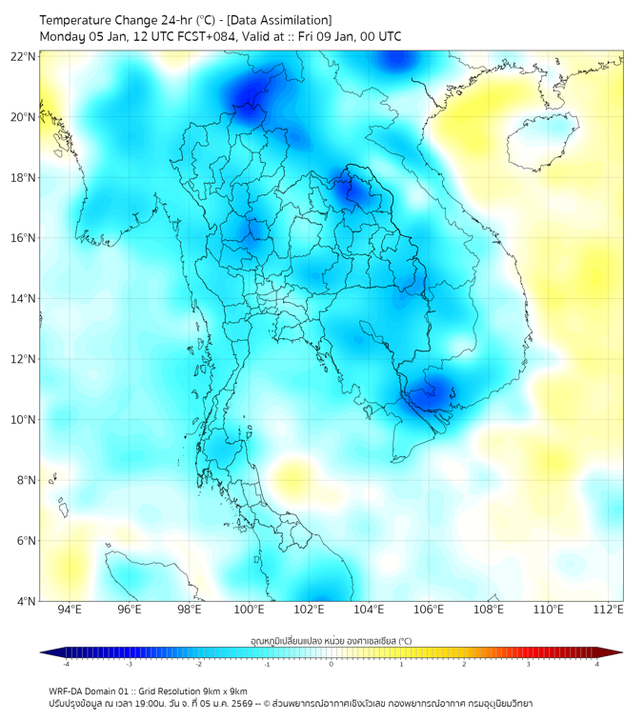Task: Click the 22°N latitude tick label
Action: tap(24, 56)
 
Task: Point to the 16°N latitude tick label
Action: tap(24, 238)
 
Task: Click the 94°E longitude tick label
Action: tap(70, 610)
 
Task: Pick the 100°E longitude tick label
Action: tap(250, 610)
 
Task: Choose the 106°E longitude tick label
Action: tap(430, 610)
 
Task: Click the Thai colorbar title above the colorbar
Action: tap(331, 640)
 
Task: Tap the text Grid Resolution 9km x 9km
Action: tap(199, 690)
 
